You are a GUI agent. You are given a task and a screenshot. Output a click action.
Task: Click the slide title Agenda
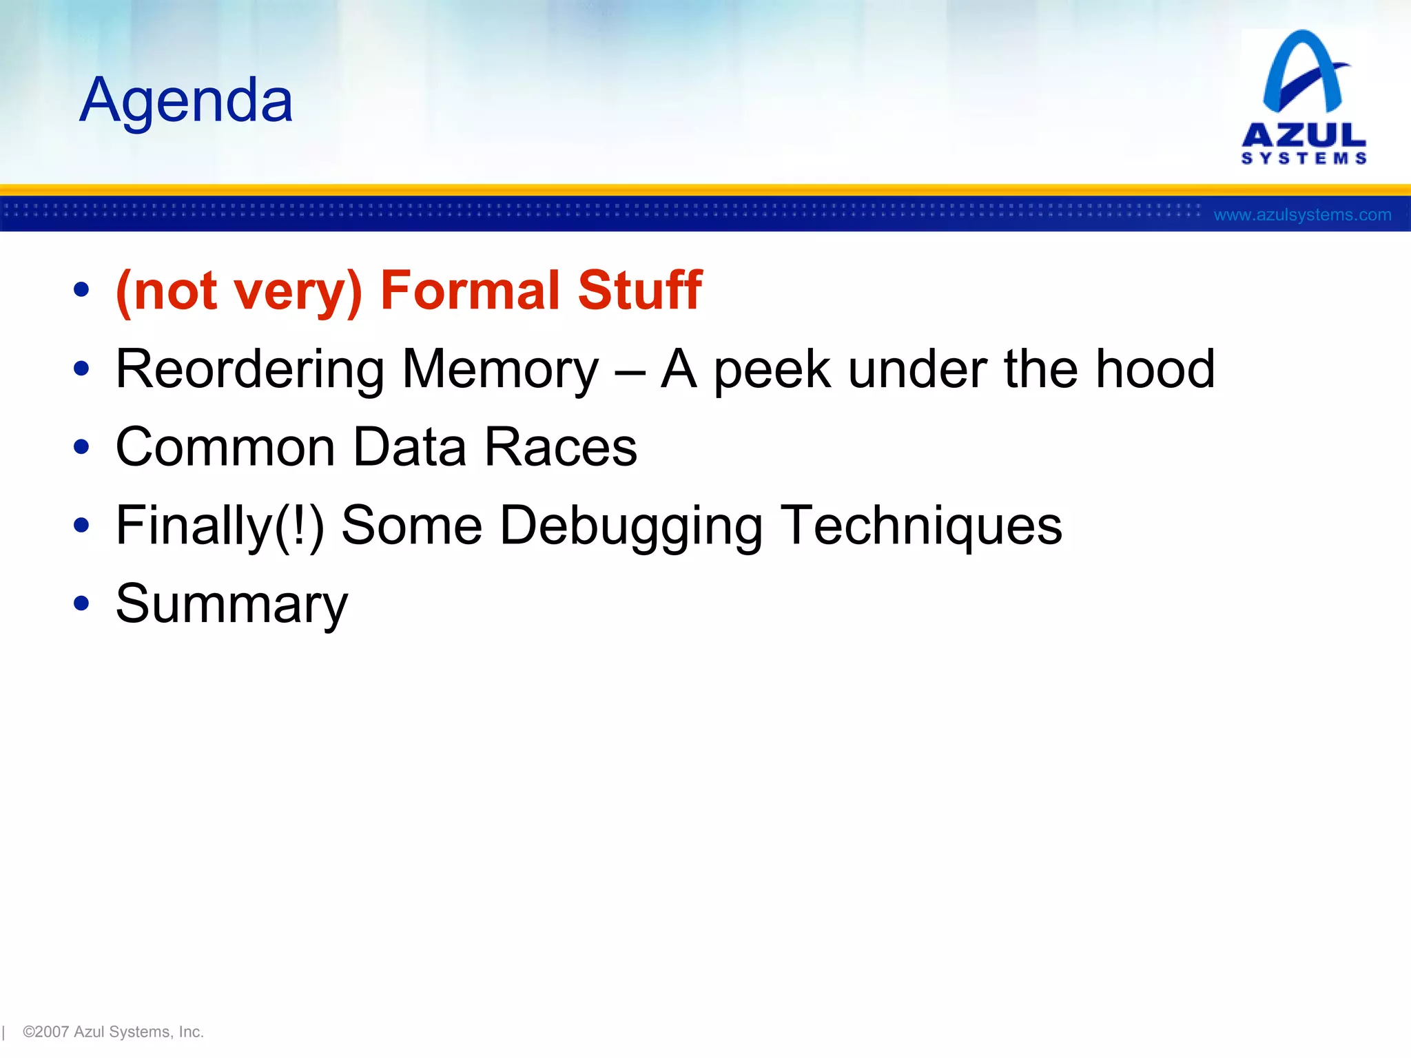click(186, 101)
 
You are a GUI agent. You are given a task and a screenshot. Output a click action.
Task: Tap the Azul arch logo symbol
click(1303, 72)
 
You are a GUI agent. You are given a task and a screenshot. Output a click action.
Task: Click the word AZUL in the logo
click(1304, 134)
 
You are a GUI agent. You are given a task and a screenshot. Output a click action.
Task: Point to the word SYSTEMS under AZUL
click(1304, 158)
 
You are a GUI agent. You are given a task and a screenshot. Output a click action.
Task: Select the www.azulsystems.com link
click(1302, 215)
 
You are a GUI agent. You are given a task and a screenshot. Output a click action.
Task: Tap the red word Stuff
click(639, 290)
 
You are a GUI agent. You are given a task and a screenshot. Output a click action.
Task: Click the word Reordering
click(250, 370)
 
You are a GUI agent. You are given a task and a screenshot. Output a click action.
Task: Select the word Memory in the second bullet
click(500, 370)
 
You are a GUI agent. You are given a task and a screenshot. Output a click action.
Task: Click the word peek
click(772, 370)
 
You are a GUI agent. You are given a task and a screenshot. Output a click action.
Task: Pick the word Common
click(225, 447)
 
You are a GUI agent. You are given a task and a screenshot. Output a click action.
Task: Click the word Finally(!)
click(220, 526)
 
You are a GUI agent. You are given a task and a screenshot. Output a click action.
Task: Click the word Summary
click(231, 604)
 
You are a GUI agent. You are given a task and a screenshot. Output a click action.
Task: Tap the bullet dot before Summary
click(81, 603)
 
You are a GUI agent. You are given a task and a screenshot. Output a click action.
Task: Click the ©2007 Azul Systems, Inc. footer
click(113, 1031)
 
